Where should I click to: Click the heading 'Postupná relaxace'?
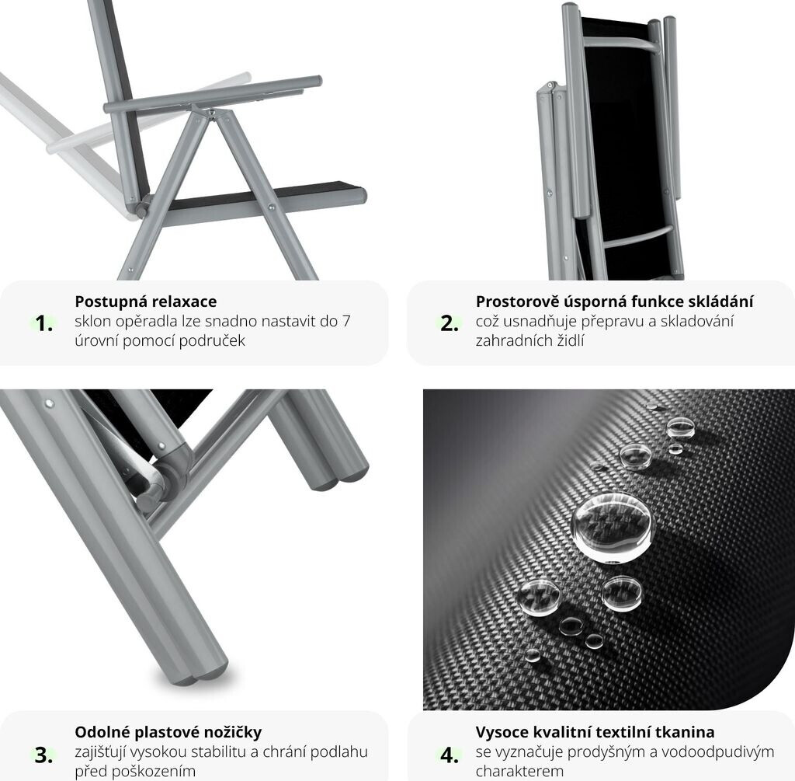tap(145, 302)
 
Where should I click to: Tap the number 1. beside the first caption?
tap(44, 323)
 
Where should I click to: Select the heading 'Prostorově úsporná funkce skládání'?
tap(615, 302)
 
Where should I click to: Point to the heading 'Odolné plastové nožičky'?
tap(168, 732)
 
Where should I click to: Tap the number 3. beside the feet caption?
tap(43, 755)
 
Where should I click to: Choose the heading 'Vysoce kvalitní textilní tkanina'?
tap(595, 732)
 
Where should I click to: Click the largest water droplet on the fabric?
tap(612, 528)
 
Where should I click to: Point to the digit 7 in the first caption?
tap(345, 321)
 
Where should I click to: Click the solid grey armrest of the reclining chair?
tap(213, 94)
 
